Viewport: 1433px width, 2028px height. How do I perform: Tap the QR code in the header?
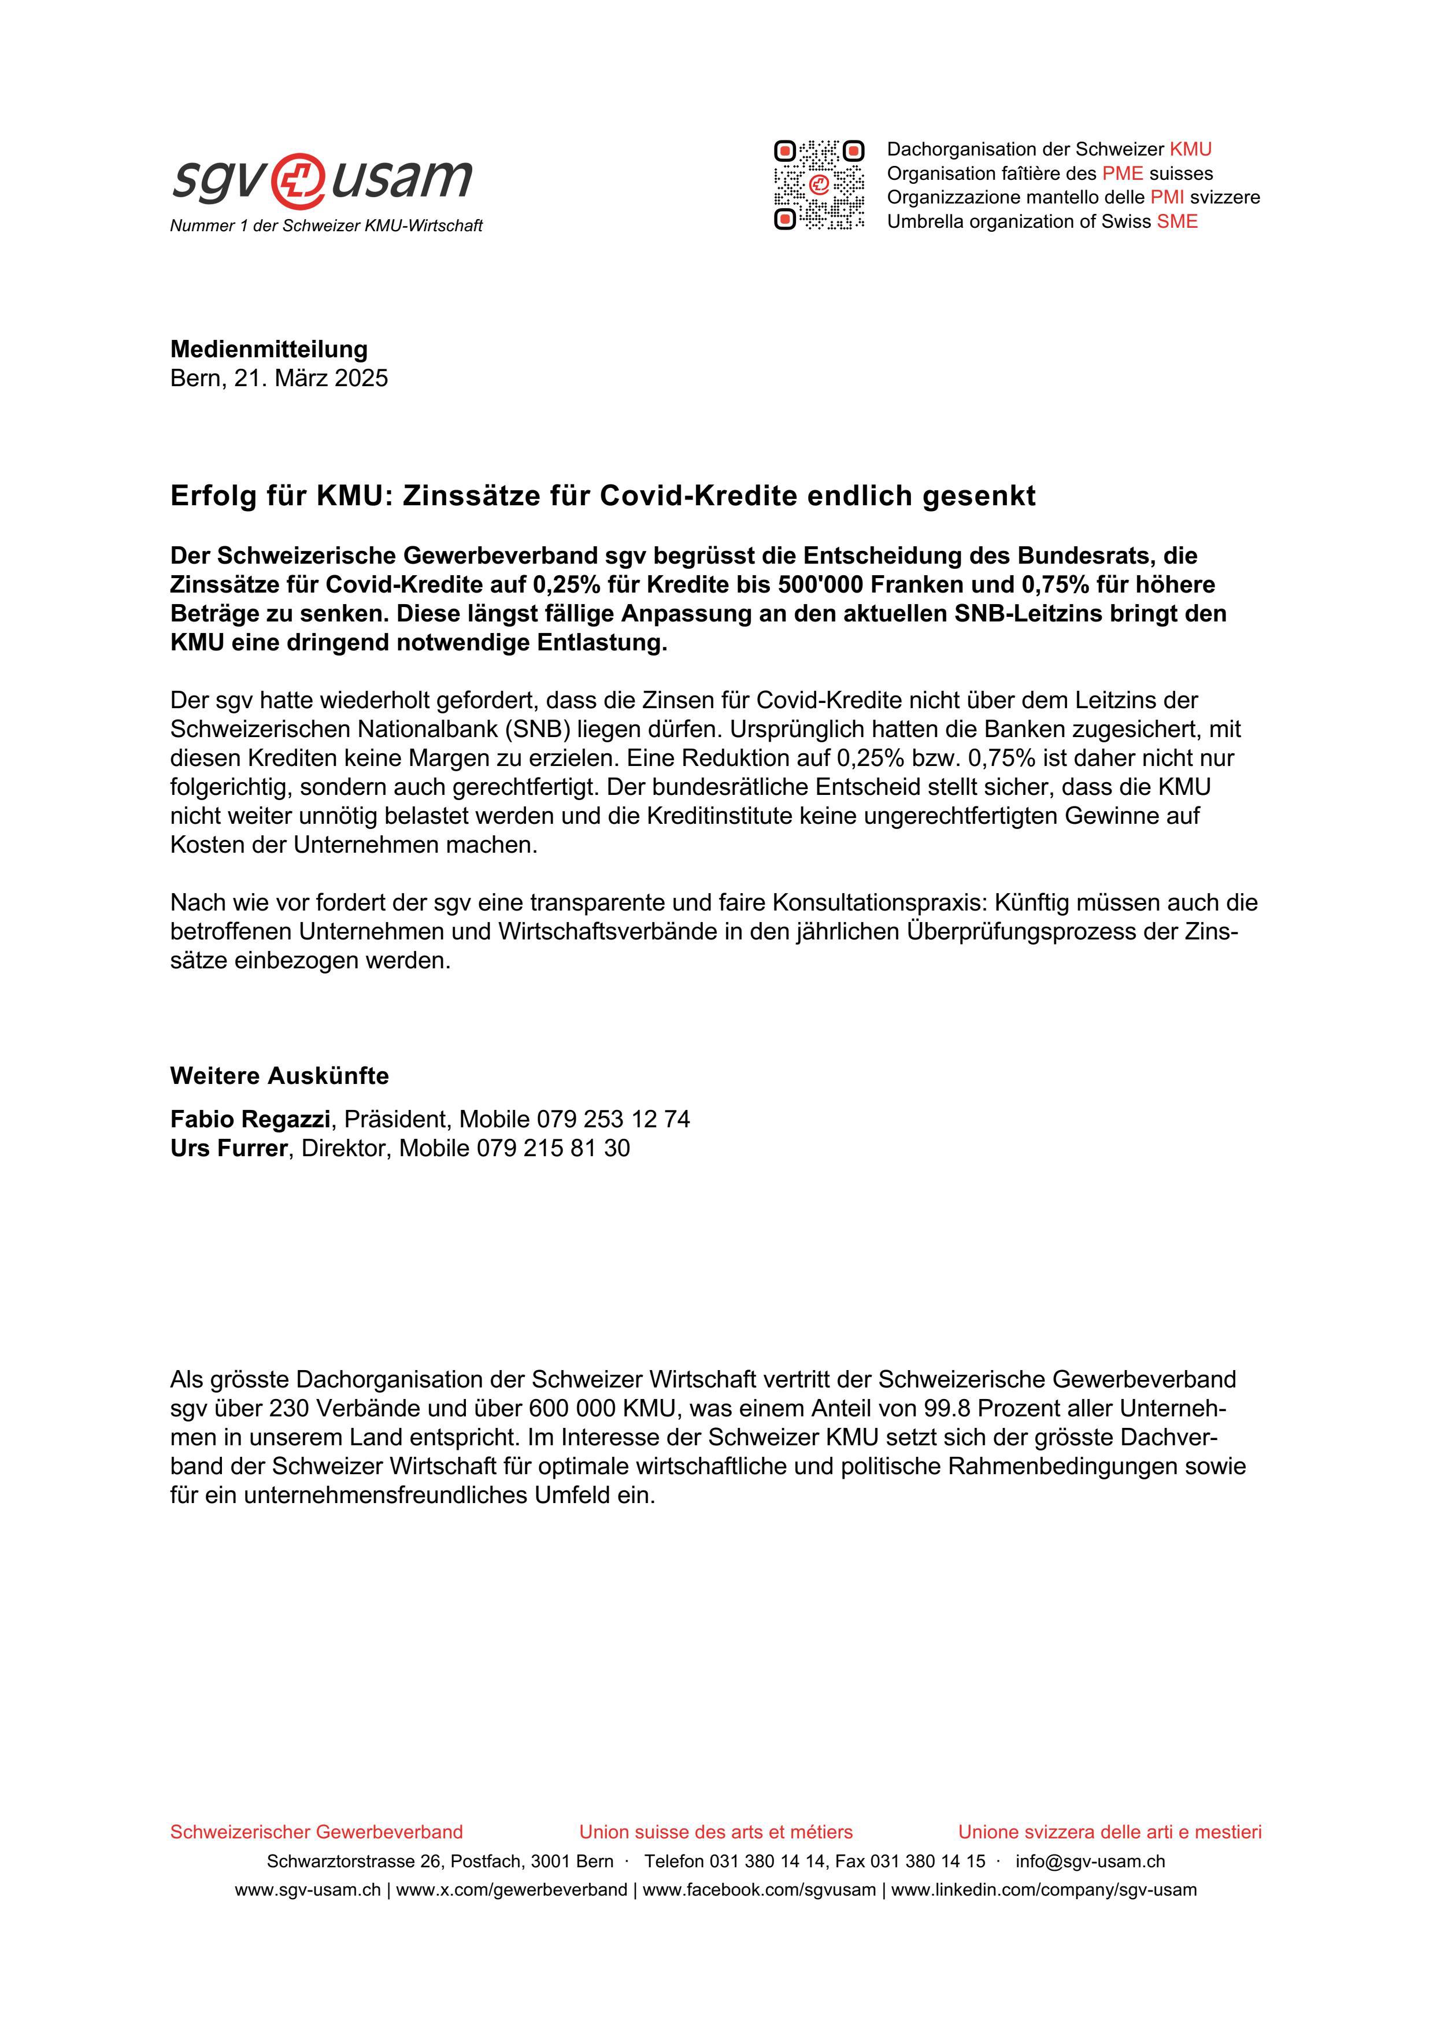(x=819, y=184)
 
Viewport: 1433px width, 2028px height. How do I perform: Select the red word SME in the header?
(x=1177, y=221)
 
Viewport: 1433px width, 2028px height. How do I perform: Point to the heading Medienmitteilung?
(x=268, y=349)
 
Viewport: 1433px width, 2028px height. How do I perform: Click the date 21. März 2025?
(x=311, y=378)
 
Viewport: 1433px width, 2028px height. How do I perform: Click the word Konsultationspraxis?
(x=879, y=902)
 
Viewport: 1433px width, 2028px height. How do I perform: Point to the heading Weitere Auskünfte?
(x=279, y=1076)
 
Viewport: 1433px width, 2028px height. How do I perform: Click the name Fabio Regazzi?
(x=250, y=1119)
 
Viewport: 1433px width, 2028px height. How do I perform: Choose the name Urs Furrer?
(x=229, y=1148)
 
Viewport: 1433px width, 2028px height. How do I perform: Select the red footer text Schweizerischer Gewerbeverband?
(x=316, y=1832)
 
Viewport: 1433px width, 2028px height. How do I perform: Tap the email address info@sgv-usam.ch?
(x=1090, y=1861)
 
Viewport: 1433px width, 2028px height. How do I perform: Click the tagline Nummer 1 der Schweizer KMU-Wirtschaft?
(x=326, y=226)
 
